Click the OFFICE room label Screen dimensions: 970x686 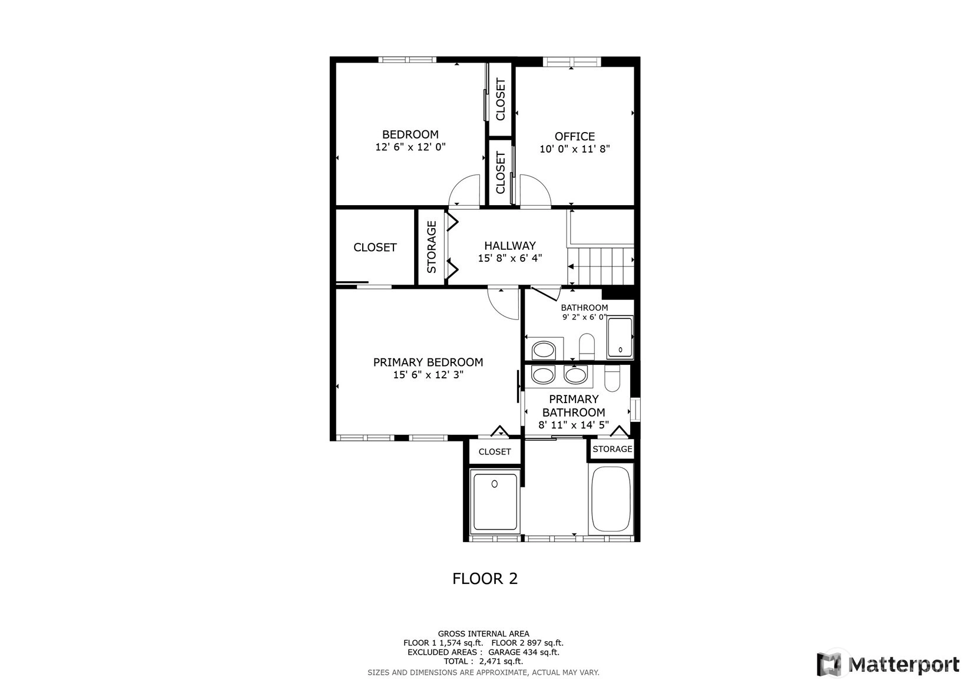pyautogui.click(x=575, y=137)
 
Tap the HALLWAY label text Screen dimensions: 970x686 pyautogui.click(x=509, y=246)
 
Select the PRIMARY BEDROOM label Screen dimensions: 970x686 pyautogui.click(x=428, y=362)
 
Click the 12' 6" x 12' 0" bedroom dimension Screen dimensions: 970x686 pyautogui.click(x=410, y=147)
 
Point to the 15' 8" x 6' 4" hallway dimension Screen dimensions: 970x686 pyautogui.click(x=509, y=259)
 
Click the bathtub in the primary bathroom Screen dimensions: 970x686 pyautogui.click(x=611, y=499)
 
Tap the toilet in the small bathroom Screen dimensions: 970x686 pyautogui.click(x=587, y=347)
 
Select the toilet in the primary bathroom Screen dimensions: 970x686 pyautogui.click(x=612, y=378)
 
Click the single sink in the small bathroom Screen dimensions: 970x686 pyautogui.click(x=544, y=350)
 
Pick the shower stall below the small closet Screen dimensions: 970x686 pyautogui.click(x=495, y=502)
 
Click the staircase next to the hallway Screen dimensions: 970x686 pyautogui.click(x=601, y=266)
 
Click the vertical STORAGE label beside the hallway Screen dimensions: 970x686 pyautogui.click(x=431, y=247)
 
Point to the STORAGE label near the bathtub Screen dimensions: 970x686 pyautogui.click(x=613, y=449)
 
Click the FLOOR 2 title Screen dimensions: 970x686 pyautogui.click(x=485, y=579)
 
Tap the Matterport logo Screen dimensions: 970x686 pyautogui.click(x=888, y=664)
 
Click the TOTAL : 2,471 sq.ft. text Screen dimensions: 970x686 pyautogui.click(x=484, y=661)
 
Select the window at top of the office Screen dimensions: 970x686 pyautogui.click(x=572, y=61)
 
